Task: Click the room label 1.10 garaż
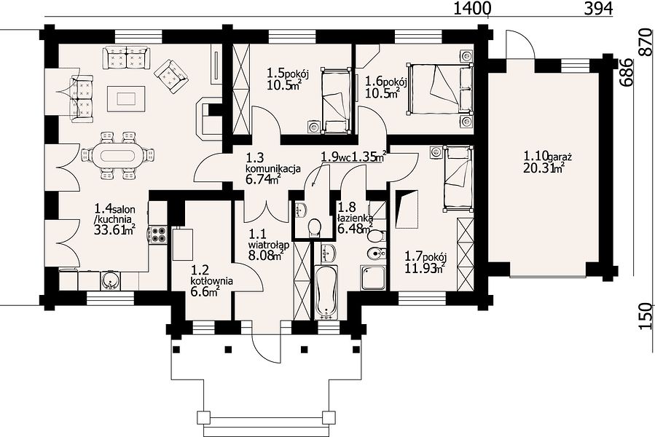pyautogui.click(x=548, y=157)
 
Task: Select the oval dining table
pyautogui.click(x=118, y=155)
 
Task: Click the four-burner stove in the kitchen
pyautogui.click(x=158, y=235)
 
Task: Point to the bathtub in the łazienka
pyautogui.click(x=326, y=291)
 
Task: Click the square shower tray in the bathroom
pyautogui.click(x=374, y=277)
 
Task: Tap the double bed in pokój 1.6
pyautogui.click(x=440, y=88)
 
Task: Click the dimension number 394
pyautogui.click(x=598, y=8)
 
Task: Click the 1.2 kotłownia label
pyautogui.click(x=212, y=280)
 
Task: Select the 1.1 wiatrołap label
pyautogui.click(x=267, y=245)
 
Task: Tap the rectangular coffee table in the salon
pyautogui.click(x=126, y=98)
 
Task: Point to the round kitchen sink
pyautogui.click(x=110, y=280)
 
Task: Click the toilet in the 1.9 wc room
pyautogui.click(x=314, y=228)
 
